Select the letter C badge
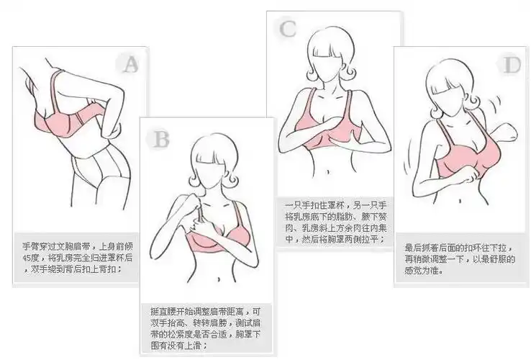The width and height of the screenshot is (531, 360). point(288,29)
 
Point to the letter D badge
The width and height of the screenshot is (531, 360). point(512,66)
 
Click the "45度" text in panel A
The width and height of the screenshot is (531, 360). point(32,257)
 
